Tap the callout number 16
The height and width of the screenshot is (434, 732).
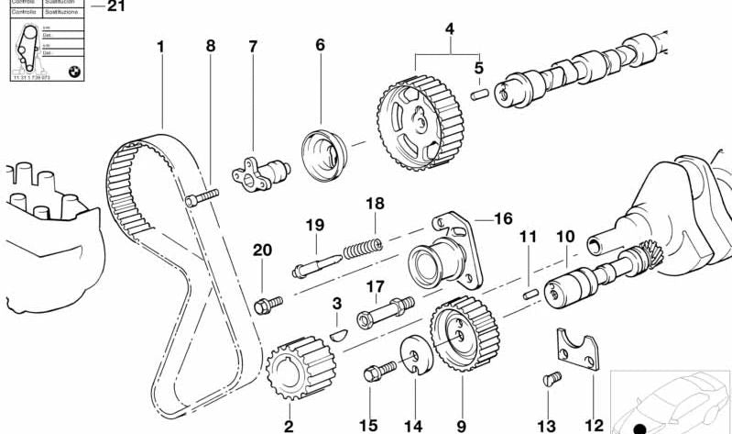point(503,218)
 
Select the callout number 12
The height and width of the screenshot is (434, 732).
point(595,425)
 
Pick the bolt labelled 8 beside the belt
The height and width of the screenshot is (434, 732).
point(202,198)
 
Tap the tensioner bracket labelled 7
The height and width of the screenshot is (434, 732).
point(261,172)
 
